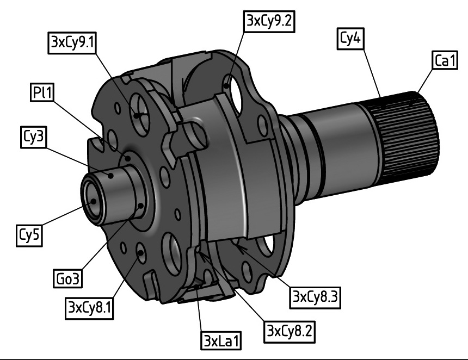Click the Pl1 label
point(41,95)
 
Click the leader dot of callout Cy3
point(110,175)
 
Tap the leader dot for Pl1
point(128,159)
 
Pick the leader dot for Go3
point(141,205)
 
